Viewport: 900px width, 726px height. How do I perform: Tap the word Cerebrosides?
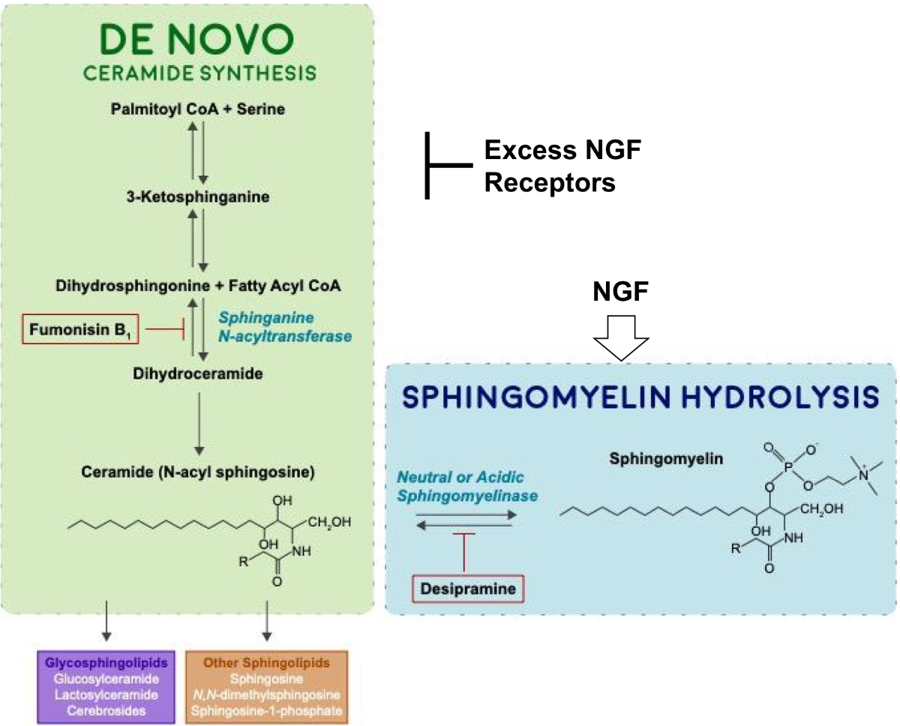(x=105, y=709)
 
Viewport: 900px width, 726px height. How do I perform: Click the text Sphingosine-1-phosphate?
(x=268, y=709)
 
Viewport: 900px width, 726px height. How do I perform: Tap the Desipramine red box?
(x=468, y=588)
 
